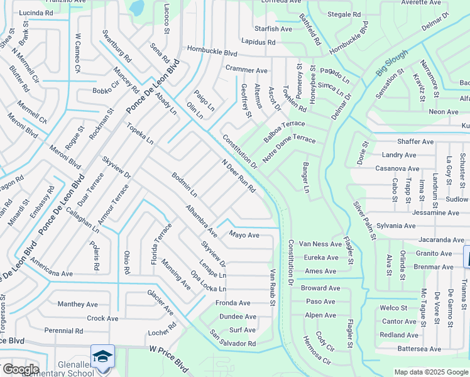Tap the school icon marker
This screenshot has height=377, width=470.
(x=102, y=356)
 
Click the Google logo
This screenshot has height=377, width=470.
(x=20, y=369)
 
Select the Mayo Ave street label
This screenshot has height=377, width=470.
(x=244, y=235)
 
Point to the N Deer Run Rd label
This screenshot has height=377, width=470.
(x=239, y=176)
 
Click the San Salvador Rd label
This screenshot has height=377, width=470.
(x=232, y=339)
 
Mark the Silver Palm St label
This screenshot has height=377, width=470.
(x=364, y=221)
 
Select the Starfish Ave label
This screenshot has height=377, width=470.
(x=273, y=29)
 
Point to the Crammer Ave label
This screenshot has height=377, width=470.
(x=246, y=70)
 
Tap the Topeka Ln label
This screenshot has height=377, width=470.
(x=140, y=134)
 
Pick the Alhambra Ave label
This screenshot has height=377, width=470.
(x=201, y=221)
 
